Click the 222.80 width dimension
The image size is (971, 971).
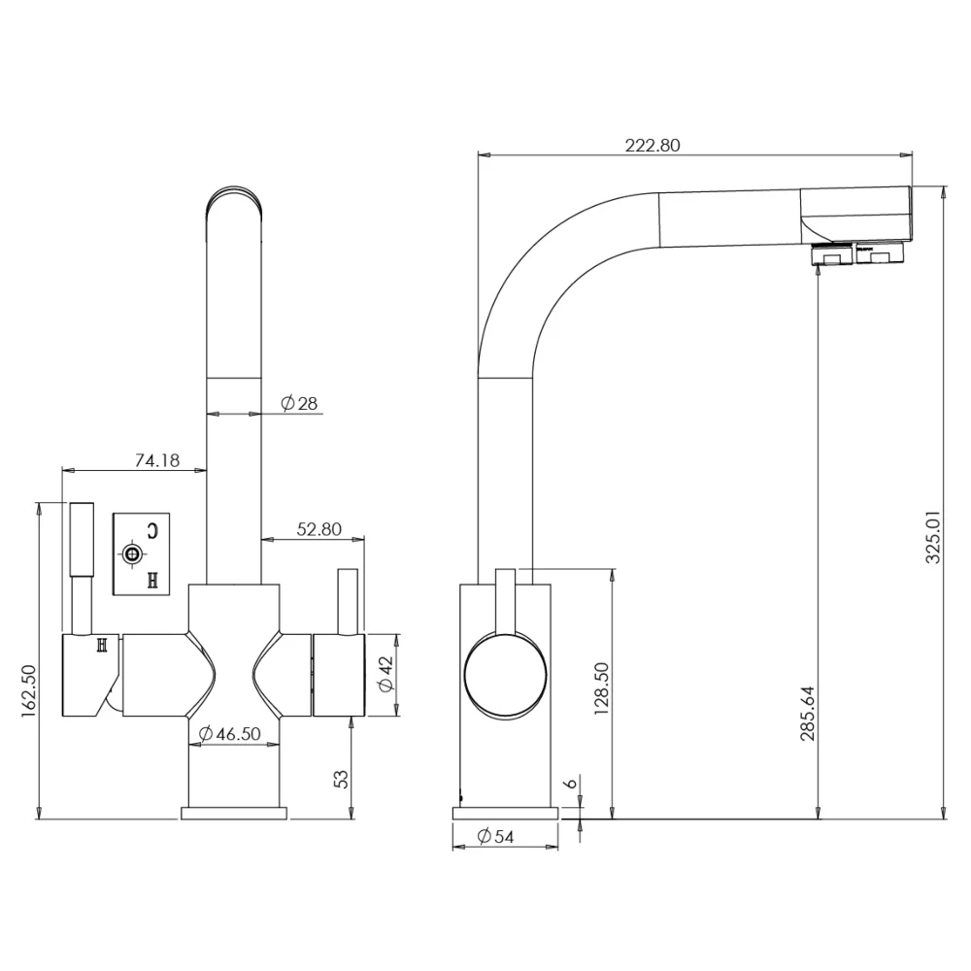click(653, 146)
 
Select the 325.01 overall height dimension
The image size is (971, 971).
click(932, 537)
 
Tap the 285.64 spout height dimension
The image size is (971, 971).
click(808, 714)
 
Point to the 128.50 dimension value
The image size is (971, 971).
click(601, 688)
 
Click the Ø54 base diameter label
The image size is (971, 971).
click(495, 837)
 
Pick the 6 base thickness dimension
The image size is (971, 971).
click(571, 784)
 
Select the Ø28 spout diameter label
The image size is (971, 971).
click(299, 404)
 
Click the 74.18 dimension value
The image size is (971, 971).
click(157, 460)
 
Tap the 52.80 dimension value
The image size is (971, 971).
click(318, 529)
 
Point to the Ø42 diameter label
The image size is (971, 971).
click(385, 675)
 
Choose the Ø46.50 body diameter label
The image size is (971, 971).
click(230, 734)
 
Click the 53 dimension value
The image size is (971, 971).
click(341, 779)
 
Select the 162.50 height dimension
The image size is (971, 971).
click(29, 691)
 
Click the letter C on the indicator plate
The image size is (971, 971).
click(152, 531)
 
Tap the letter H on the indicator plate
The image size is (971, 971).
click(153, 581)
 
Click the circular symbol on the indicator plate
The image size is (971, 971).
click(131, 554)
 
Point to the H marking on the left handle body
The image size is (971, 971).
click(102, 646)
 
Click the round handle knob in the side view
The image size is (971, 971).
click(505, 676)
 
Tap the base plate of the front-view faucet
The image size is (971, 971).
click(234, 813)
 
